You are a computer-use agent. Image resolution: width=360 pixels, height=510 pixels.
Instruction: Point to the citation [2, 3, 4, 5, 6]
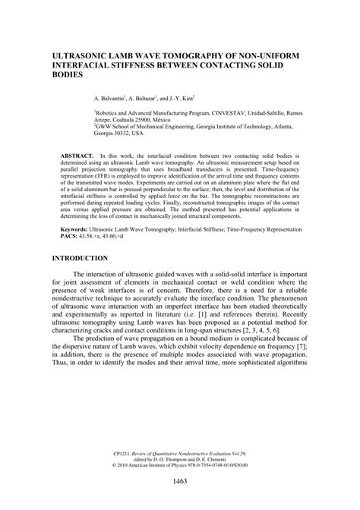pos(282,331)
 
